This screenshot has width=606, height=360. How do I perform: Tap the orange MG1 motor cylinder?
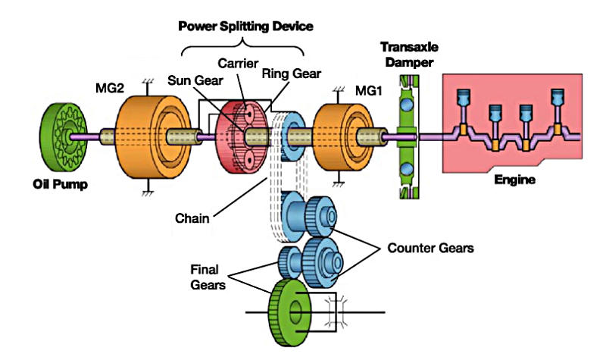coord(339,136)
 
